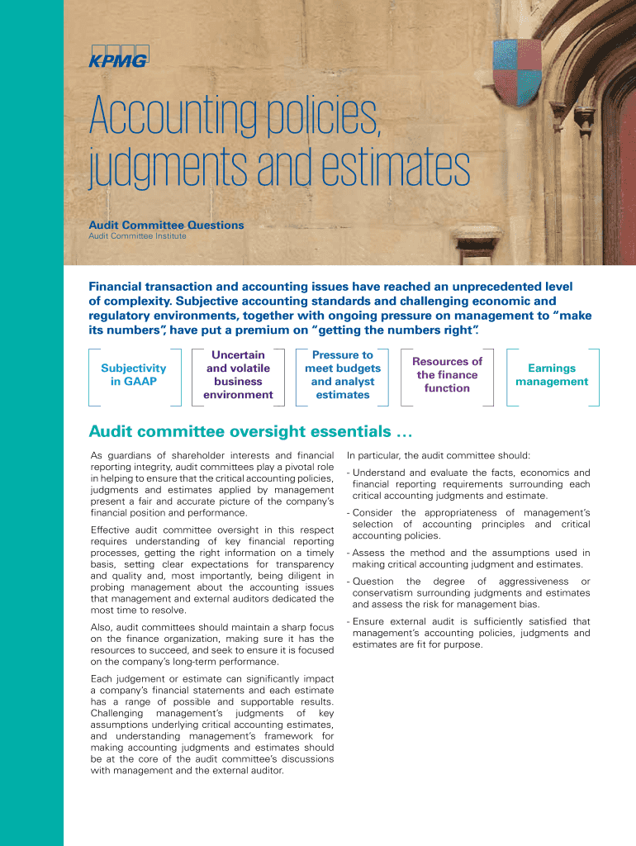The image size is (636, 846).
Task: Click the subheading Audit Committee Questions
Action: (x=166, y=225)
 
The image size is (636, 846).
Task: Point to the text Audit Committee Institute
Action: (x=137, y=236)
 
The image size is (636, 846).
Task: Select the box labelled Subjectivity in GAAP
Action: (x=133, y=375)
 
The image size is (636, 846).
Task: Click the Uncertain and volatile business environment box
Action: (x=239, y=375)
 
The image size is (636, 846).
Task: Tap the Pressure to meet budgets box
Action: (x=343, y=375)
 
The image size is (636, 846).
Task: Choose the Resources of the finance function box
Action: (x=447, y=375)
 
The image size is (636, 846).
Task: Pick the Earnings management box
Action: (x=552, y=375)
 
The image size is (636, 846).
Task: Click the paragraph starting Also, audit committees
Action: (x=212, y=644)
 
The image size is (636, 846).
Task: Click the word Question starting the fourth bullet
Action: (x=373, y=582)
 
